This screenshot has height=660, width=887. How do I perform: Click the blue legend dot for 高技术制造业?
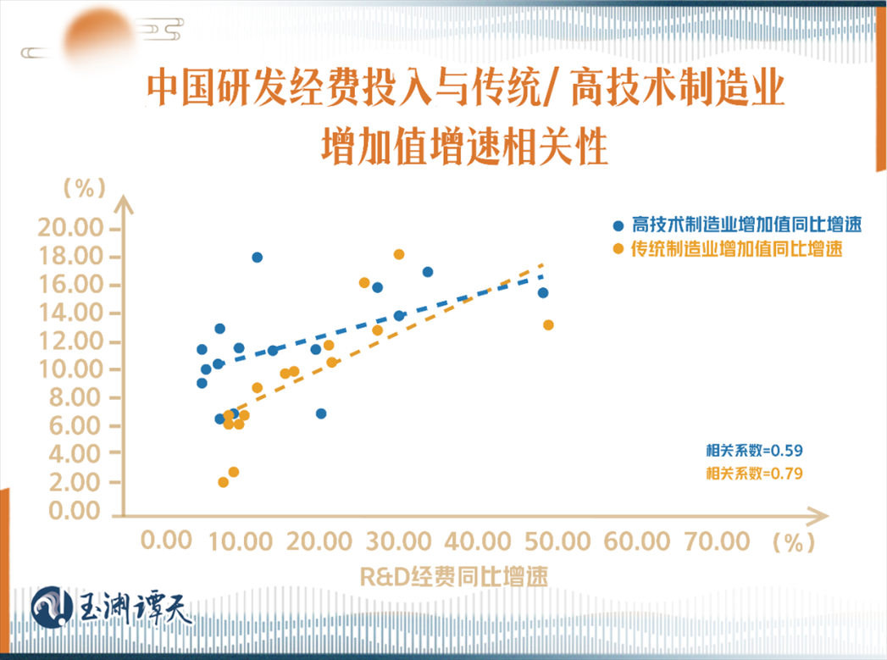tap(619, 226)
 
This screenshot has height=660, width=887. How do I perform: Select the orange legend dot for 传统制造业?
tap(619, 249)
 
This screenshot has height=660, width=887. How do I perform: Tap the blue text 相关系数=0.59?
tap(754, 451)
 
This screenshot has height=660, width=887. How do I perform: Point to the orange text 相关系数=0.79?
tap(754, 473)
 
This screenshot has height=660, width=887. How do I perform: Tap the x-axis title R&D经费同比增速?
tap(453, 576)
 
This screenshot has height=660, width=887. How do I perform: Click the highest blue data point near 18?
tap(257, 257)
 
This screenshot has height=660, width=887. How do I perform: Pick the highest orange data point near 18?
tap(399, 254)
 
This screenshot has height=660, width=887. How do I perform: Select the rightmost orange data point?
tap(548, 324)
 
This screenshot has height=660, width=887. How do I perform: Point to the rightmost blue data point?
tap(543, 292)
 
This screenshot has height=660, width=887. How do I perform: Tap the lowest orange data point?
tap(224, 482)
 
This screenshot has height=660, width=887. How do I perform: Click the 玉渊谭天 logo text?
tap(136, 606)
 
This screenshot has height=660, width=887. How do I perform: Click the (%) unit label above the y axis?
tap(83, 188)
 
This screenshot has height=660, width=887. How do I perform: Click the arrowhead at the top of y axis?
tap(125, 203)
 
